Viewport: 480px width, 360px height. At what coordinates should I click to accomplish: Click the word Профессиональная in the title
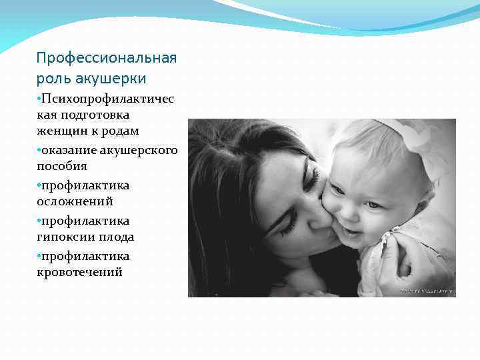pyautogui.click(x=107, y=58)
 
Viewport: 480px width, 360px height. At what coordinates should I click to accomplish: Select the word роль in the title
pyautogui.click(x=51, y=79)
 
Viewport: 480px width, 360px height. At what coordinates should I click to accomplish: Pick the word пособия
pyautogui.click(x=62, y=165)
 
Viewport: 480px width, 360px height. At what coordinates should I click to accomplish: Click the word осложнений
pyautogui.click(x=75, y=201)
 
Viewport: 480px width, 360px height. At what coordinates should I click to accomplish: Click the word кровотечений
pyautogui.click(x=79, y=272)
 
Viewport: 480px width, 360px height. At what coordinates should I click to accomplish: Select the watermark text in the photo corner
pyautogui.click(x=427, y=291)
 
